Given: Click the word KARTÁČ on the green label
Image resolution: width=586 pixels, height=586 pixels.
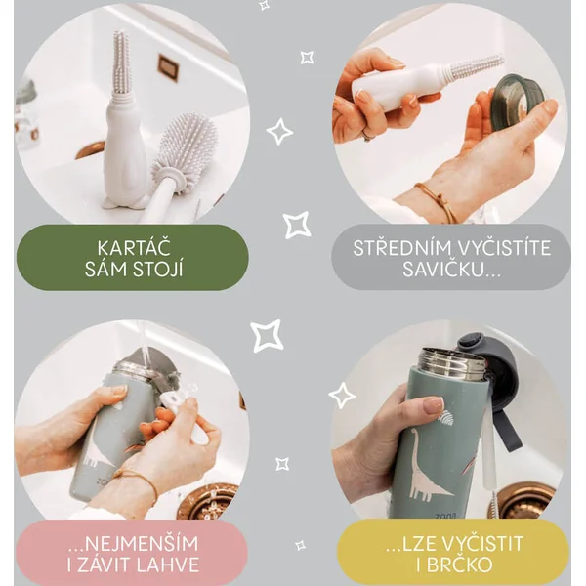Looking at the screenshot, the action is [134, 248].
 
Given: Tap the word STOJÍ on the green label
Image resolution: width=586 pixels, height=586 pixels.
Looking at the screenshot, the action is [156, 270].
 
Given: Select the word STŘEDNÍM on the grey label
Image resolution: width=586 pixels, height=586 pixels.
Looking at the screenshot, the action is [401, 248].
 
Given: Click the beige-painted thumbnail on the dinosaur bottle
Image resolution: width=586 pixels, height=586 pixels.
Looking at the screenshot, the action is [435, 404].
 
